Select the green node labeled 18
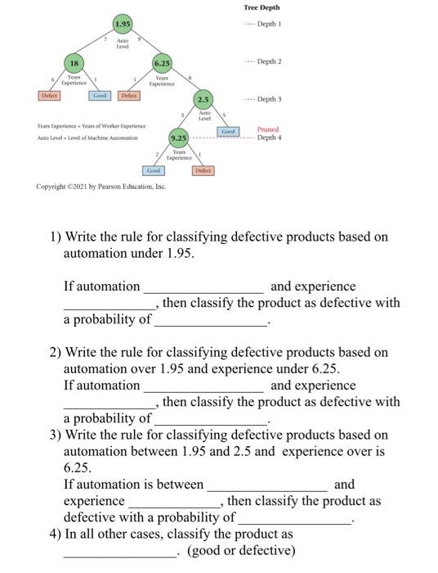(x=74, y=63)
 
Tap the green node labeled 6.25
(x=162, y=63)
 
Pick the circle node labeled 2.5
(x=202, y=101)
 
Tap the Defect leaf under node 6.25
(x=129, y=96)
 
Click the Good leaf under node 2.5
(x=229, y=131)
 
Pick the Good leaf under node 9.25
(x=154, y=170)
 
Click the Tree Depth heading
(x=261, y=7)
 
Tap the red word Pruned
(x=267, y=129)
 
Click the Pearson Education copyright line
(x=101, y=187)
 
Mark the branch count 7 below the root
(x=105, y=38)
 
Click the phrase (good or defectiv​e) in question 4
(x=241, y=550)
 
